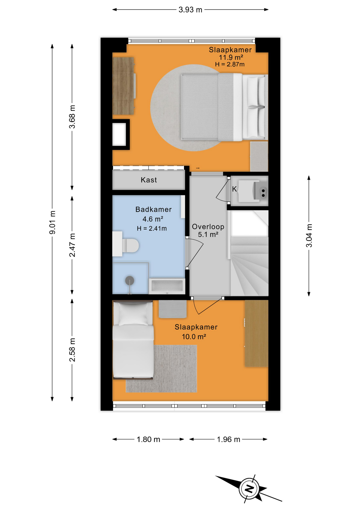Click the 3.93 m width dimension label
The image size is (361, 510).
190,10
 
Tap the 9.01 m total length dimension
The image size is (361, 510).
53,222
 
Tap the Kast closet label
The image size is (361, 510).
149,180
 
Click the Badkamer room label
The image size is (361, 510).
153,209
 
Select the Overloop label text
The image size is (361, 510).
208,227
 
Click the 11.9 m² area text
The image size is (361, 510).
231,57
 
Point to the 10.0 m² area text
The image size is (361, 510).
194,337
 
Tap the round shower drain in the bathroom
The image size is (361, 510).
129,280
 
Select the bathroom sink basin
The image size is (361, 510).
167,286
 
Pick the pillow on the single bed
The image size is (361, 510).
133,314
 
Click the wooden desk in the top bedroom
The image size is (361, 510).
123,86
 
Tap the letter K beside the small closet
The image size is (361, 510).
234,189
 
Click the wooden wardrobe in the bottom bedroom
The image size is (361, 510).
256,333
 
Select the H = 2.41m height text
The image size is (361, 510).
152,228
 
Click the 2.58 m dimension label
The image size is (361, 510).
72,350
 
